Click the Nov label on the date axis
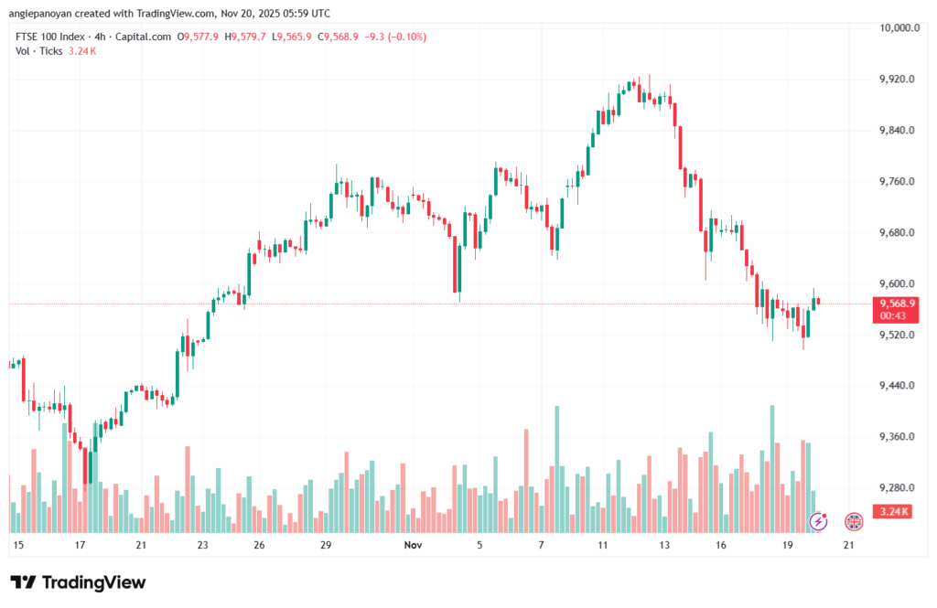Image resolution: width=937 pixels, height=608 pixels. click(x=412, y=545)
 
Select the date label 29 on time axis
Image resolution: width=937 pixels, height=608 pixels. click(x=326, y=545)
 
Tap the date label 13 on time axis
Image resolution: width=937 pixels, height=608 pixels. click(x=663, y=545)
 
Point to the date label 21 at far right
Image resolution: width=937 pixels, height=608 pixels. click(x=848, y=545)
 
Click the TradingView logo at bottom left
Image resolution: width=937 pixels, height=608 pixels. click(x=78, y=583)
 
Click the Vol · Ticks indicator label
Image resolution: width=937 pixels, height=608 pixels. click(x=38, y=51)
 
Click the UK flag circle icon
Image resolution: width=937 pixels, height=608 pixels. click(x=853, y=521)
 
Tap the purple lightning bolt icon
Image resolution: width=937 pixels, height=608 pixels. click(x=820, y=521)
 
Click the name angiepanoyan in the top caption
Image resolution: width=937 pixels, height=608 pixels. click(x=42, y=14)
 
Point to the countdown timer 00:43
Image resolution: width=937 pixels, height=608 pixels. click(x=892, y=315)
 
